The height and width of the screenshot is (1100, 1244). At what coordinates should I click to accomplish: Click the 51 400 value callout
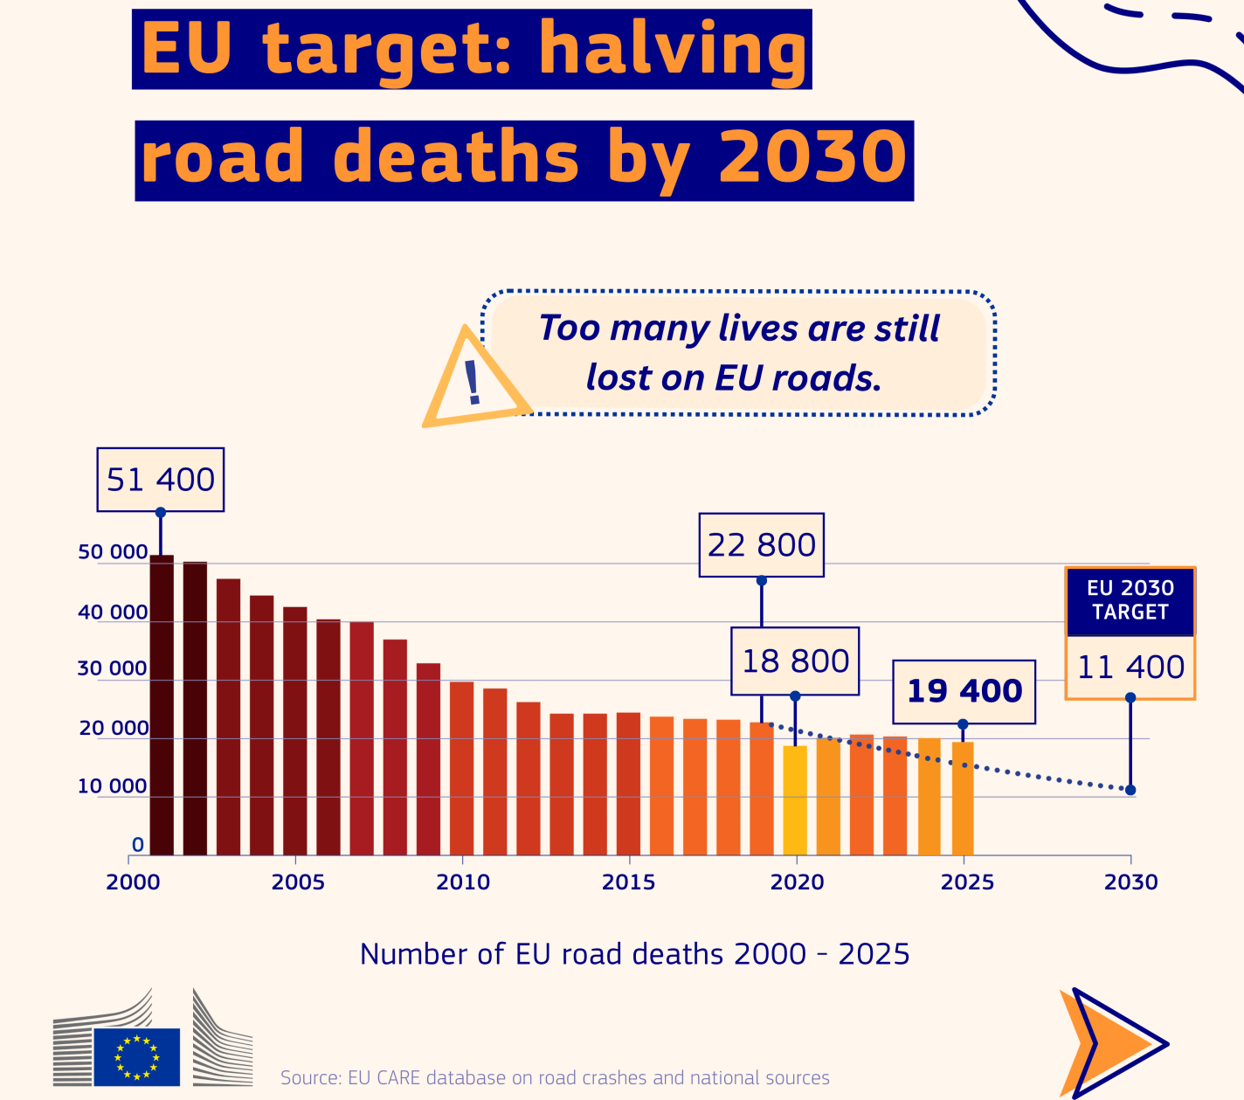(x=161, y=480)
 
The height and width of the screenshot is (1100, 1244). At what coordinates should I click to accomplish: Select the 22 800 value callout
(x=761, y=545)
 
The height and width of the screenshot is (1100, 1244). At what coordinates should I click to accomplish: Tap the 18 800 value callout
(x=795, y=661)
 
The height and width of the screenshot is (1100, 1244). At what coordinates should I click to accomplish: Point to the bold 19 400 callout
(x=964, y=691)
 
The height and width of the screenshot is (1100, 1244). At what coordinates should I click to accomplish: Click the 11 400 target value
(x=1130, y=668)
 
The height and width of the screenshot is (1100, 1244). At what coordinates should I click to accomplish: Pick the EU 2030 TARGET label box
(x=1130, y=600)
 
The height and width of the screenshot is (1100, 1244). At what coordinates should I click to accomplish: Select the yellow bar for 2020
(x=795, y=799)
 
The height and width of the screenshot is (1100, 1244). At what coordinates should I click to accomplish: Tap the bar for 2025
(x=963, y=798)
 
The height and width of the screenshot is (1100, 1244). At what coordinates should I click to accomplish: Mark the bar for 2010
(x=461, y=768)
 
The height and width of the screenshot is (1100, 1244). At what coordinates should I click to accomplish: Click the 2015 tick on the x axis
(x=628, y=882)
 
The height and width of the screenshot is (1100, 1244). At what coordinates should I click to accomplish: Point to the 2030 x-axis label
(x=1130, y=882)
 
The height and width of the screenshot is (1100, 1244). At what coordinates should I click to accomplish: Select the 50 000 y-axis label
(x=113, y=552)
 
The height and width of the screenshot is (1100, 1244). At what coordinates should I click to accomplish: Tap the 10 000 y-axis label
(x=113, y=786)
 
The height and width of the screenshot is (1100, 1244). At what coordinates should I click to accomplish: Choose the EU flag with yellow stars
(x=136, y=1056)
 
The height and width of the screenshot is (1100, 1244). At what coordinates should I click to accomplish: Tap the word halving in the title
(x=673, y=49)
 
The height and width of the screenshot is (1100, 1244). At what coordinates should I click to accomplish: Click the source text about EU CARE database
(x=555, y=1077)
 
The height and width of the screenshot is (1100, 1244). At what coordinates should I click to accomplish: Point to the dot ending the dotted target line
(x=1130, y=790)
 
